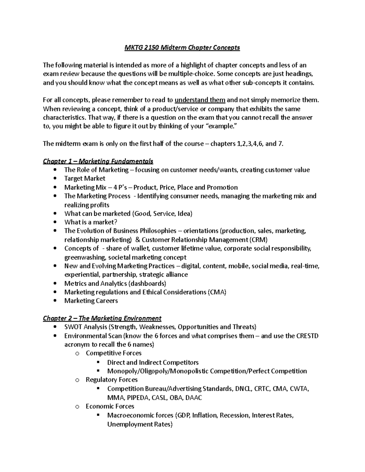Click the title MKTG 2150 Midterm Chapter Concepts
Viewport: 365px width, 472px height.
(x=182, y=47)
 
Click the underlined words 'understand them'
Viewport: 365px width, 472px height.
(x=200, y=100)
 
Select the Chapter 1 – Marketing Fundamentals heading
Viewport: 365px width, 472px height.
(x=98, y=161)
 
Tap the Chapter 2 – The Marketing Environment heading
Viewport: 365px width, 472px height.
(x=102, y=318)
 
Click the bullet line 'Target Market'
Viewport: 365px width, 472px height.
(x=85, y=178)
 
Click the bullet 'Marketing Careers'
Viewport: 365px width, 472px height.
(x=91, y=301)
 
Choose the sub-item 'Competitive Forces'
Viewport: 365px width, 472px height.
(x=113, y=353)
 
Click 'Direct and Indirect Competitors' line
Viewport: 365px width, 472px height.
(x=153, y=362)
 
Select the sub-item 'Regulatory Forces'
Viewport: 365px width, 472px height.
(x=111, y=380)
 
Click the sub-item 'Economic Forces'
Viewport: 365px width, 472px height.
(x=110, y=406)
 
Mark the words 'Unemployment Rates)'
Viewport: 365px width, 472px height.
(x=140, y=424)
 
